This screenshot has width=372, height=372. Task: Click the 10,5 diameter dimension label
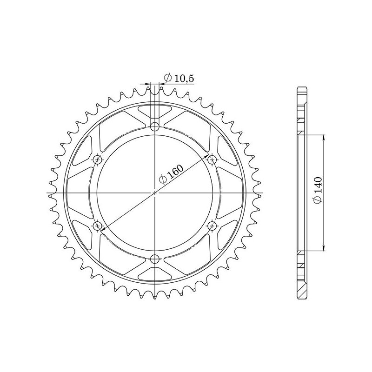point(179,80)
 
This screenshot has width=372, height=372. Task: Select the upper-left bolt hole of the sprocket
point(97,159)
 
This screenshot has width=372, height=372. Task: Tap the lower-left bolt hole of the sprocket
point(97,226)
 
